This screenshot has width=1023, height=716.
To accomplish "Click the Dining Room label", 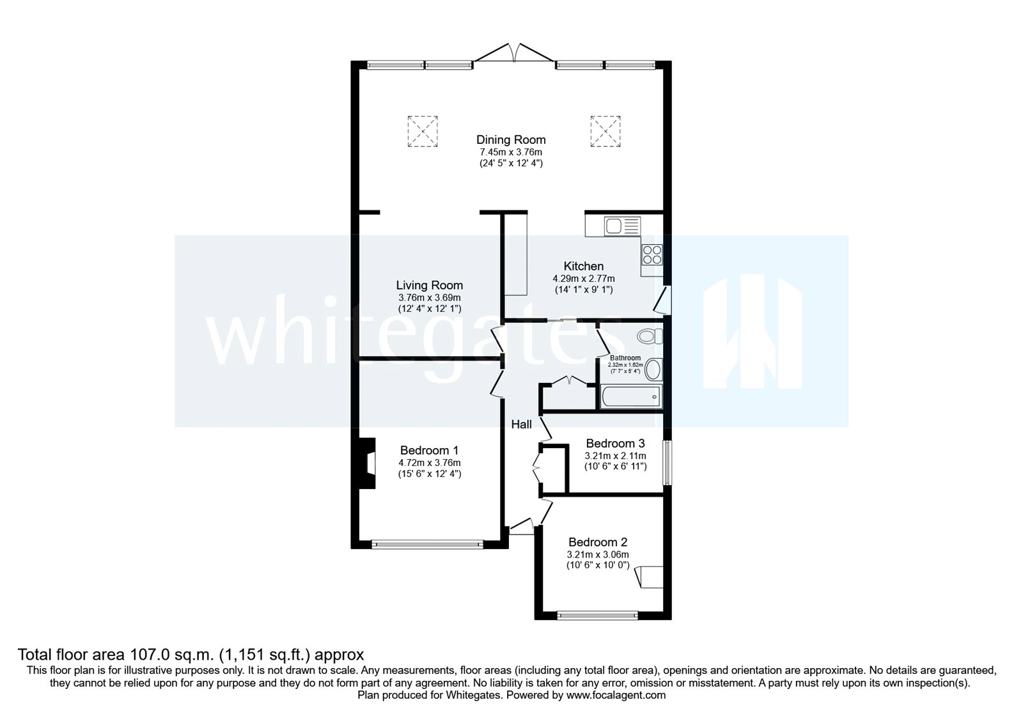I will [511, 139].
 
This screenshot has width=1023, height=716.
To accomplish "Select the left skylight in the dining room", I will [423, 131].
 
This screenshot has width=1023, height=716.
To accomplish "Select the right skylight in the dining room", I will [605, 131].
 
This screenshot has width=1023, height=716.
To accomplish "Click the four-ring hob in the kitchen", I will [652, 256].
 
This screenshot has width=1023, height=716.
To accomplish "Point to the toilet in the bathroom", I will [648, 336].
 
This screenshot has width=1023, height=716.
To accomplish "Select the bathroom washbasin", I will [653, 369].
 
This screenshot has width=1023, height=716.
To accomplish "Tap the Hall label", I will [521, 424].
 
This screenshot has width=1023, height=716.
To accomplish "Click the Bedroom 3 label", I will [615, 443].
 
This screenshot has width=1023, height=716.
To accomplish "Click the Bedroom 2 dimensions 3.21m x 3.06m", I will [598, 554].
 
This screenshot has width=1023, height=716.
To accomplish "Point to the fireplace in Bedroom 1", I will [367, 465].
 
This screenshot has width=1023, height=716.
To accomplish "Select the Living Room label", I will [429, 285].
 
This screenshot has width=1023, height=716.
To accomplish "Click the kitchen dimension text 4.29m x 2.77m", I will [583, 279].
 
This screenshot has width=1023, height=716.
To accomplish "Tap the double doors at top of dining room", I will [515, 54].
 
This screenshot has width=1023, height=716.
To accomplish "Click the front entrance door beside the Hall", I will [522, 527].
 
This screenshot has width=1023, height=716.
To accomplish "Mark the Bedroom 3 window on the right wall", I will [667, 462].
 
